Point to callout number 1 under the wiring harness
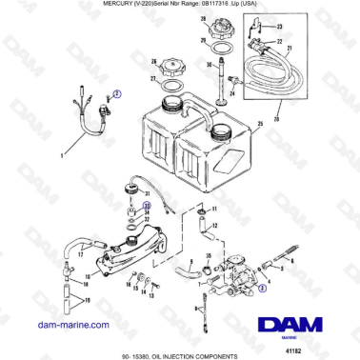(x=64, y=152)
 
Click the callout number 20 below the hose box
(x=275, y=119)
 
